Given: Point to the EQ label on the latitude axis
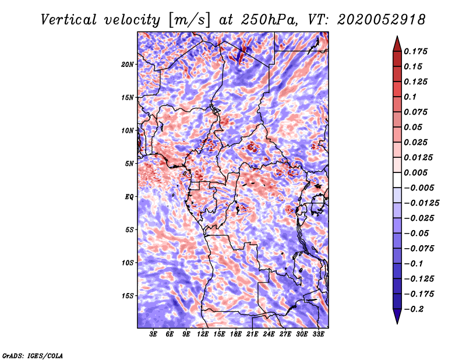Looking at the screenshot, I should tap(129, 197).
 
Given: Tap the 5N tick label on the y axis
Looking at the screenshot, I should tap(130, 164).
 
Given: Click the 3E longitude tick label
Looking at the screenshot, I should tap(154, 334).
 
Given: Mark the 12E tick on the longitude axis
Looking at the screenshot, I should tap(203, 334).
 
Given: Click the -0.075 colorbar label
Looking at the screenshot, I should tap(419, 248).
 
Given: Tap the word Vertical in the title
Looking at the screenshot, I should tap(69, 19).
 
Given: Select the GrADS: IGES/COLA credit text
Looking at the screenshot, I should tap(33, 355).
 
